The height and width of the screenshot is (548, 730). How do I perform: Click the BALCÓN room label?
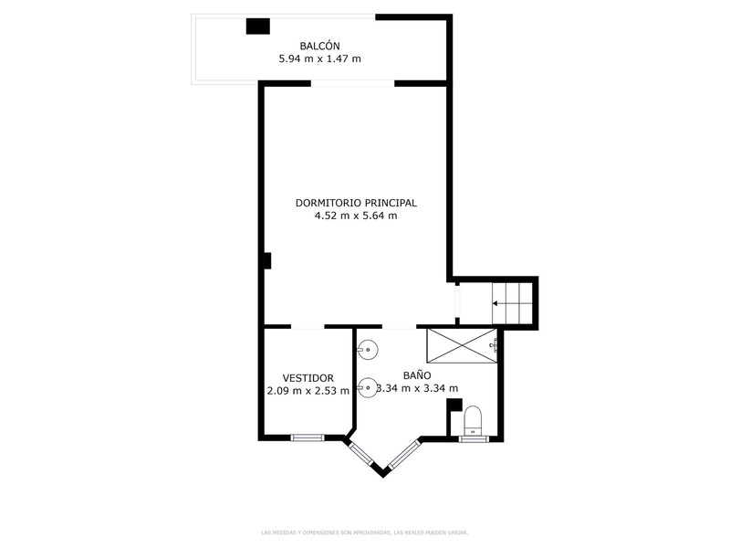point(320,47)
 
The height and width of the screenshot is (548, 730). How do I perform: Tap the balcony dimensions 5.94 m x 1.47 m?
point(320,58)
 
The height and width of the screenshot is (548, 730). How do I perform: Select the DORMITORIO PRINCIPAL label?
point(356,203)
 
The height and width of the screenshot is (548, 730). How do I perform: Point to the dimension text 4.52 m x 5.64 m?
point(356,216)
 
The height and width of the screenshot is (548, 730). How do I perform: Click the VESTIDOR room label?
point(308,378)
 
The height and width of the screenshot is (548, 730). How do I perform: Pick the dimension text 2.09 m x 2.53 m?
point(308,391)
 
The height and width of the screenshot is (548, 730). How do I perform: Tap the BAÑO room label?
point(417,375)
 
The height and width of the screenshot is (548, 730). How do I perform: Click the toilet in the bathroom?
point(473,420)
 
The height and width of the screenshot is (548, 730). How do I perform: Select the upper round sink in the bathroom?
point(368,349)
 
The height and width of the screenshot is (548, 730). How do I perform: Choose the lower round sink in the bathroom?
point(368,387)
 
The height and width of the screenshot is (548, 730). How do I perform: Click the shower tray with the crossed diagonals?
point(462,345)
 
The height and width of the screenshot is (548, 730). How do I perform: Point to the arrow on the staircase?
point(512,304)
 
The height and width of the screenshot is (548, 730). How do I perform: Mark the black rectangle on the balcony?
point(258,26)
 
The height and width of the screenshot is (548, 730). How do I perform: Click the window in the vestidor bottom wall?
point(308,437)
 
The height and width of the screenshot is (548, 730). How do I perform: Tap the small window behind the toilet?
point(474,438)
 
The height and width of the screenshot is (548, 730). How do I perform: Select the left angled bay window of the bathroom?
point(361,453)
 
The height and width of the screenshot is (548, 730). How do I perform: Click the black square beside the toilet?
point(454,405)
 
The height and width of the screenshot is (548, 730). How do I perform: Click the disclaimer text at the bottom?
point(364,532)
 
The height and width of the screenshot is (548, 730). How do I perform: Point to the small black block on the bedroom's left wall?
point(267,260)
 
